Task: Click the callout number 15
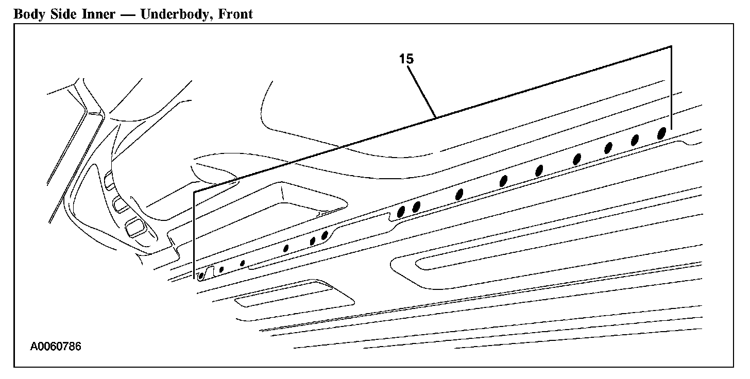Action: [406, 59]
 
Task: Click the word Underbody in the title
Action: [175, 14]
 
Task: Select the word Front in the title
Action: [235, 14]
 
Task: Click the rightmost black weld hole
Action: [662, 133]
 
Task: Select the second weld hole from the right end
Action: [635, 140]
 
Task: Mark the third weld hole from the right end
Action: [608, 148]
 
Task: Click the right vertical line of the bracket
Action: [671, 88]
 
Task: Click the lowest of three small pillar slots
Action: [135, 226]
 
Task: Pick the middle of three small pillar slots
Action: [121, 204]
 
